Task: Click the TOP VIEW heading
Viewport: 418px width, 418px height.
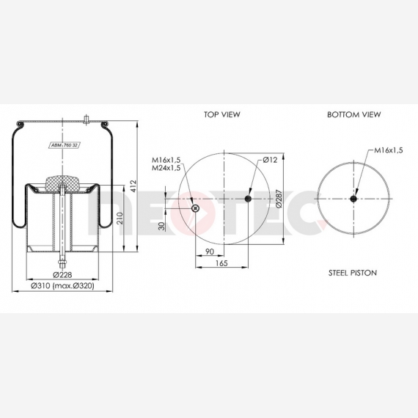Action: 222,114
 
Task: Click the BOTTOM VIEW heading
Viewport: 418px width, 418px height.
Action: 354,114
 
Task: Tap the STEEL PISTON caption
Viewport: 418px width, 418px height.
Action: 353,273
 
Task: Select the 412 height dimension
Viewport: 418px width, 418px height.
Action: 133,186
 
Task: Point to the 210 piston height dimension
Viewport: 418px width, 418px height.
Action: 120,218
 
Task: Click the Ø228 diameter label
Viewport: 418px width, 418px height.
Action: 62,274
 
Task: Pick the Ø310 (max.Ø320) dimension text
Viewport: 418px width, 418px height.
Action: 62,286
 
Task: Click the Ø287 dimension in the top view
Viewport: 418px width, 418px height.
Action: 279,199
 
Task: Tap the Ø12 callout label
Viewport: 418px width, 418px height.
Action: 270,160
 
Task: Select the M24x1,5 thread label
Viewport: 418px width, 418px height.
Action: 166,168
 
